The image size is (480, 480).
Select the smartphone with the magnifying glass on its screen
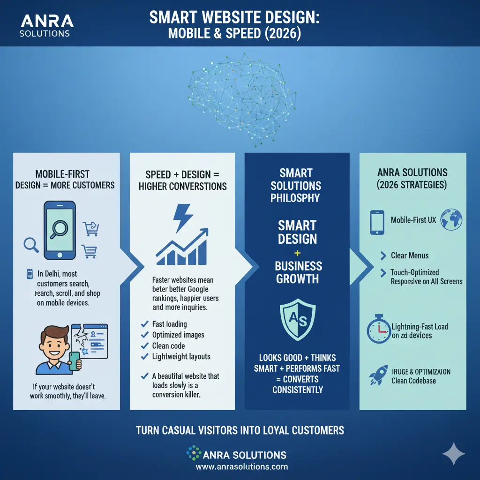point(60,230)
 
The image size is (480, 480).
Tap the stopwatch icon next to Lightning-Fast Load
point(378,330)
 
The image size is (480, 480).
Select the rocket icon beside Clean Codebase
point(377,375)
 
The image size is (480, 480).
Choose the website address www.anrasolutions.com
point(242,467)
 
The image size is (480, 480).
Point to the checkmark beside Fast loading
point(145,324)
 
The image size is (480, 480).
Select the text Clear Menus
point(410,255)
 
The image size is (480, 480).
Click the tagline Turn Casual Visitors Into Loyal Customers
point(240,430)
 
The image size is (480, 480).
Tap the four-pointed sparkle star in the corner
point(453,454)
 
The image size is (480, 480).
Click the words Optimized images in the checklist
point(178,335)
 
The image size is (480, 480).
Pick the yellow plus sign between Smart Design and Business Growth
point(298,253)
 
